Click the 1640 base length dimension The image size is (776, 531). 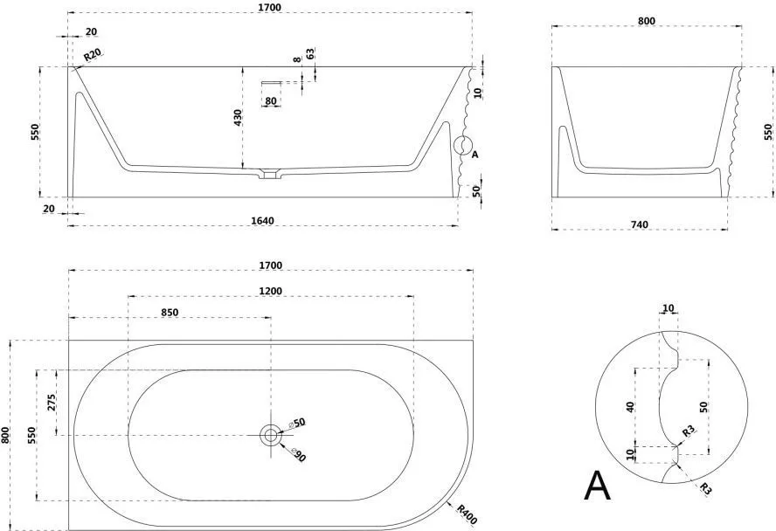[x=262, y=220]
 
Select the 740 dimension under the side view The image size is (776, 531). [x=640, y=224]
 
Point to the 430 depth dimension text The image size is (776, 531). [x=238, y=118]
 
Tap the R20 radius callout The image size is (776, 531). [x=92, y=54]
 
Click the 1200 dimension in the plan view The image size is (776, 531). [x=271, y=291]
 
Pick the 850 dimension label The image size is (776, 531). [x=170, y=312]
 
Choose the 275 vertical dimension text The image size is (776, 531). [x=52, y=403]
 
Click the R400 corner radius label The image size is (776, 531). [x=466, y=514]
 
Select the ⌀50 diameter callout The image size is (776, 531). [x=297, y=424]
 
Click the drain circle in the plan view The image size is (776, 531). [x=271, y=435]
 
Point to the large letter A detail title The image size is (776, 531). [x=598, y=486]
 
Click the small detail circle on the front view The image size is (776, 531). [x=464, y=145]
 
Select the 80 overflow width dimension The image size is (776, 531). [x=271, y=100]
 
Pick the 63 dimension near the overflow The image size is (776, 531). [x=310, y=53]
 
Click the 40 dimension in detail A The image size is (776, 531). [x=630, y=407]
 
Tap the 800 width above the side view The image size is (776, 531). [x=647, y=21]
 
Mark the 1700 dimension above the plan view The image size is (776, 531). [x=271, y=265]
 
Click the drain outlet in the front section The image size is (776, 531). [x=270, y=174]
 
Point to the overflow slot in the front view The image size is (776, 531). [x=271, y=82]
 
